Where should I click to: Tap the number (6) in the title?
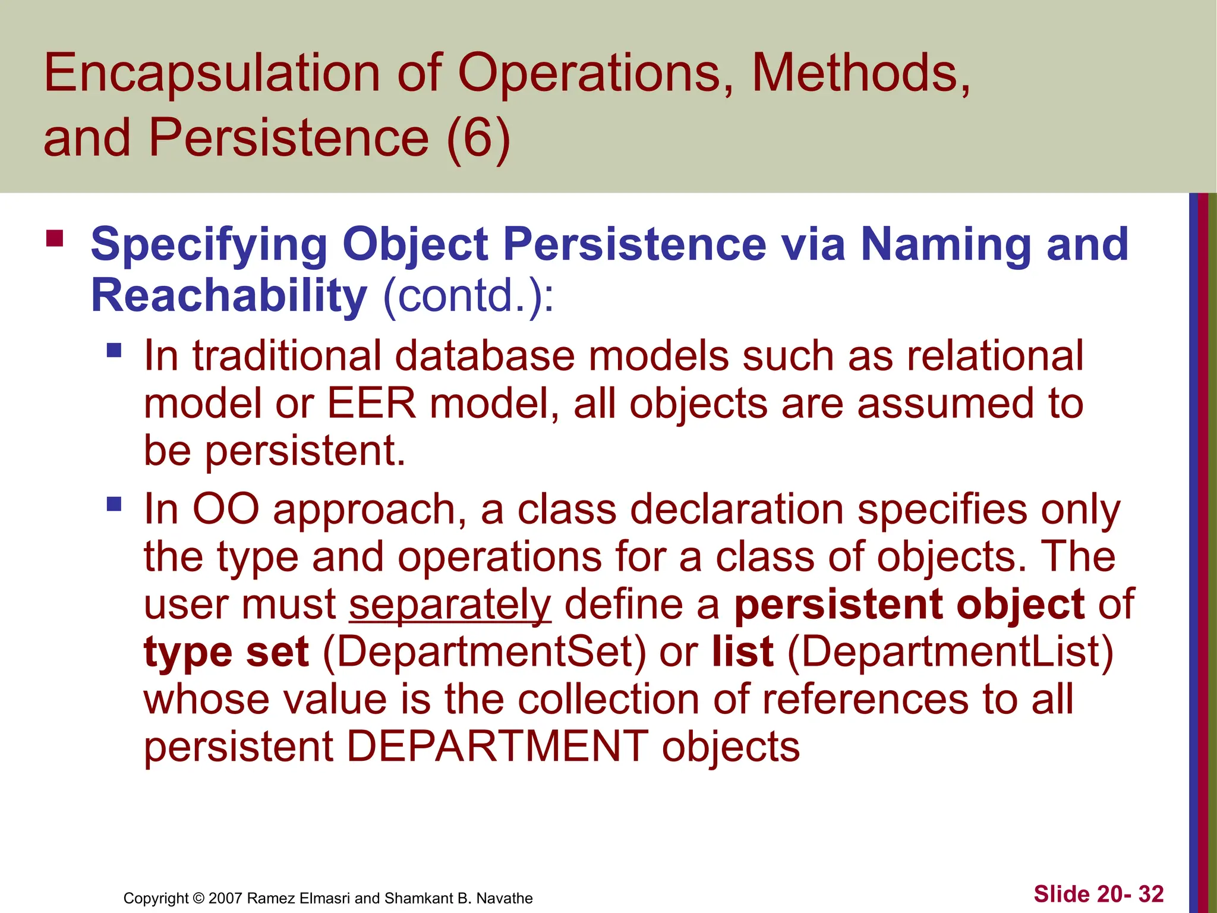tap(478, 138)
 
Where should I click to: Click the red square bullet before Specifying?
tap(55, 239)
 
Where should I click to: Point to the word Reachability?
tap(229, 295)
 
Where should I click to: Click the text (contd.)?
tap(468, 295)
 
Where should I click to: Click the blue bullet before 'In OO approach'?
tap(114, 505)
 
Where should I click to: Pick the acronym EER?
tap(371, 404)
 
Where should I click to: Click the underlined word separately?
tap(450, 605)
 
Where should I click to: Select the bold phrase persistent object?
tap(909, 605)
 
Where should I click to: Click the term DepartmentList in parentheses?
tap(950, 652)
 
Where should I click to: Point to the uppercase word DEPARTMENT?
tap(497, 747)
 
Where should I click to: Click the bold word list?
tap(743, 652)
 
